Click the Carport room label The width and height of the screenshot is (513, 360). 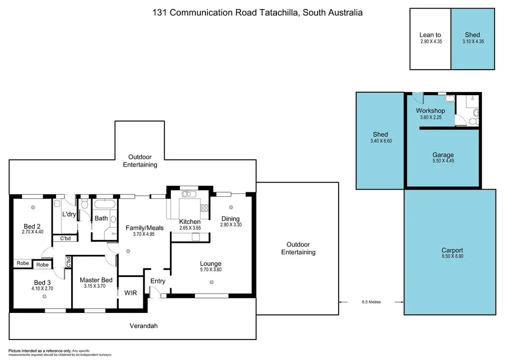(x=452, y=250)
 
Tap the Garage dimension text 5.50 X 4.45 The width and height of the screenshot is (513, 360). (x=443, y=161)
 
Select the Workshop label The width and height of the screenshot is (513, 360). (x=430, y=111)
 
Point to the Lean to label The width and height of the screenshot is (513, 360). (x=430, y=35)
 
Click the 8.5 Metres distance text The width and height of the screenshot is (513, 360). (x=371, y=302)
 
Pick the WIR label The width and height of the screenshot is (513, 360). (x=131, y=293)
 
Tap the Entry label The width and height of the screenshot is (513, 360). (x=158, y=281)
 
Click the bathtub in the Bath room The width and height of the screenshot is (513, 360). (x=105, y=204)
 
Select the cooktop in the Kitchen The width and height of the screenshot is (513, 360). (x=204, y=208)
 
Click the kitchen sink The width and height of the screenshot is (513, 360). (x=189, y=194)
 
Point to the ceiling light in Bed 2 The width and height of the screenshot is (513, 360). (x=33, y=207)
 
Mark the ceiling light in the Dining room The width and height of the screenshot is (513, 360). (x=231, y=207)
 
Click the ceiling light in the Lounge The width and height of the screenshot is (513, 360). (x=212, y=282)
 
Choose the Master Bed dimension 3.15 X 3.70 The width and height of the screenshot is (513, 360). (x=95, y=286)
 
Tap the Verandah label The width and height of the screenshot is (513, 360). (x=144, y=325)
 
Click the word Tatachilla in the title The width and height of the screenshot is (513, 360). (x=279, y=13)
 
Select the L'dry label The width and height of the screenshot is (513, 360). (x=69, y=214)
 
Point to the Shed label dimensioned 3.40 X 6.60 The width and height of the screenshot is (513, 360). (x=381, y=134)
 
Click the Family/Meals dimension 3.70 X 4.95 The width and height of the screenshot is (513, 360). (x=144, y=234)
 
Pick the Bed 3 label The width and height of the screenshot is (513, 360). (x=42, y=282)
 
